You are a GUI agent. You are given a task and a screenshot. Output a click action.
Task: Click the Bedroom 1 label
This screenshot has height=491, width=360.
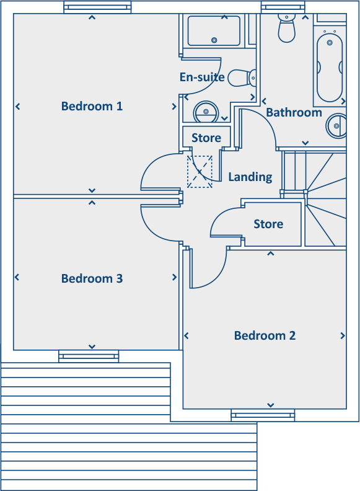[92, 106]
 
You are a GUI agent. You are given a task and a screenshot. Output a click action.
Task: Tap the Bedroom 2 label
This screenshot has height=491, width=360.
[265, 335]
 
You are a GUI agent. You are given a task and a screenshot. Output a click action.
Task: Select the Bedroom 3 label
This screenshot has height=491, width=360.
[92, 278]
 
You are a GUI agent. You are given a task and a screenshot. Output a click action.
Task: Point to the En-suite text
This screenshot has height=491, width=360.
[201, 77]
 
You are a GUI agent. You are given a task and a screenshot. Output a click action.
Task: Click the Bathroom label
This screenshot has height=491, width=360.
[294, 112]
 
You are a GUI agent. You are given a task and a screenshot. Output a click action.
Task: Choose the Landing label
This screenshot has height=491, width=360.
[250, 177]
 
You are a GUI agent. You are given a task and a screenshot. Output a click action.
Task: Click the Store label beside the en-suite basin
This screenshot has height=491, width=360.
[206, 138]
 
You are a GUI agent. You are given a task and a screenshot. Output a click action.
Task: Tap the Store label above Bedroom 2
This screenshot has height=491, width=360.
[268, 224]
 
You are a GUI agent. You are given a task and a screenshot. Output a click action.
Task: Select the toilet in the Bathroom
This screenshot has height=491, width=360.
[287, 27]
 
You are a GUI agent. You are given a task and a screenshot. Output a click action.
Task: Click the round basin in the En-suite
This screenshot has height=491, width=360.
[205, 112]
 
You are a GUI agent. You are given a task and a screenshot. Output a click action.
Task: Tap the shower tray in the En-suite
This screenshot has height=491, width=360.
[214, 30]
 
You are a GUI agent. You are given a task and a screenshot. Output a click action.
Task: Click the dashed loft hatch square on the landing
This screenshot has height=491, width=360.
[200, 172]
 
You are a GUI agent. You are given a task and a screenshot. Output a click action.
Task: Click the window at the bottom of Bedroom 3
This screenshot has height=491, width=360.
[89, 356]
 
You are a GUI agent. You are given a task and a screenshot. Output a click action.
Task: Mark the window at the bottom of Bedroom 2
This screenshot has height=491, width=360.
[263, 415]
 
